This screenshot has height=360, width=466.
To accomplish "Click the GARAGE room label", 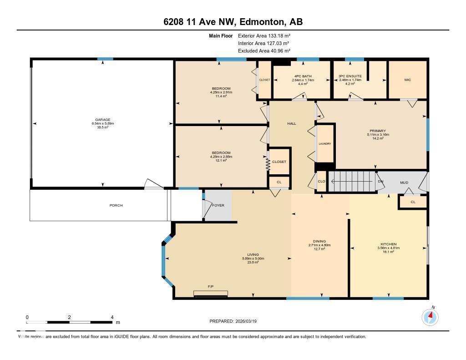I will click(102, 120).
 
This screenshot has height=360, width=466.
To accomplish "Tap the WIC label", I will click(407, 80).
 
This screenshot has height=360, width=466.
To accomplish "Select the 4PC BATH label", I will click(301, 76).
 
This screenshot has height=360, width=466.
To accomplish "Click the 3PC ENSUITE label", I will click(350, 76).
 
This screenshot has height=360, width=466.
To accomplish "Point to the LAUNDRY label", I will click(324, 143).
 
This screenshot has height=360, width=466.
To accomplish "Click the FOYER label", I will click(218, 205).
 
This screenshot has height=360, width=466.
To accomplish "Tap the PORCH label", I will click(116, 205).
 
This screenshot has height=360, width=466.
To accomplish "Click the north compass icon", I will click(430, 317).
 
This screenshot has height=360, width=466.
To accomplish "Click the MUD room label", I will click(404, 183).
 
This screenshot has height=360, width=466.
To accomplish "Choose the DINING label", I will click(319, 241).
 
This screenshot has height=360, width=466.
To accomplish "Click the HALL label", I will click(291, 123).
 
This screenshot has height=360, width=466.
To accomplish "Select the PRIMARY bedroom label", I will click(378, 131).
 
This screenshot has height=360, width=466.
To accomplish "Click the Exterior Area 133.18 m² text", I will click(264, 35).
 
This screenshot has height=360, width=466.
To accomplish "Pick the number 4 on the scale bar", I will click(112, 317).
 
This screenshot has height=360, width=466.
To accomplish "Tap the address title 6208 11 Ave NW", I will click(233, 22).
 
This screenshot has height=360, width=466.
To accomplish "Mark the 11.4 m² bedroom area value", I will click(221, 96).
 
